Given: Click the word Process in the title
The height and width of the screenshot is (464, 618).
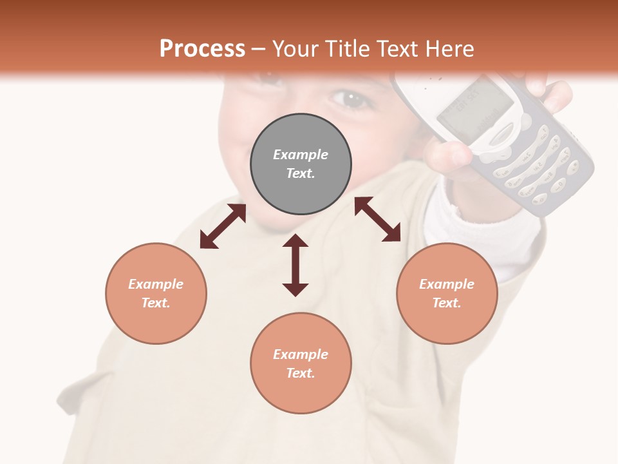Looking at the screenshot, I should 202,48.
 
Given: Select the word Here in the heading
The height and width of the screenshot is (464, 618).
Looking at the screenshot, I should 450,48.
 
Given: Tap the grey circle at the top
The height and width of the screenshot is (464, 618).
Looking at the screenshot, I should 301,164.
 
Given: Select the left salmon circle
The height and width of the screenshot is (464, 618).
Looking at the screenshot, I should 156,293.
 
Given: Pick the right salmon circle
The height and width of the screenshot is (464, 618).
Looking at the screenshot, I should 447,293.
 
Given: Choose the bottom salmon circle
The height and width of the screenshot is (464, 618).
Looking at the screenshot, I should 301,363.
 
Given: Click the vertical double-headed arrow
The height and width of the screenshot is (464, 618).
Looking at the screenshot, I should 295,265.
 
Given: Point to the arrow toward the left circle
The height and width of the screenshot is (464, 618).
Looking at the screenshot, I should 223,226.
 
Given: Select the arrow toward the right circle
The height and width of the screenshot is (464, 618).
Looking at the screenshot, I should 377,219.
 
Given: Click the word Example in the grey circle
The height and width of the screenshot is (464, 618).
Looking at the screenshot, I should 301,155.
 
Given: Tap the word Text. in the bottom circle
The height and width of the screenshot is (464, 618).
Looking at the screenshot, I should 301,373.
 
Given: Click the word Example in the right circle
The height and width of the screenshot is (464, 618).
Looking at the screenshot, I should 447,284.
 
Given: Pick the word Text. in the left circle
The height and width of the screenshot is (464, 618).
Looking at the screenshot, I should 156,303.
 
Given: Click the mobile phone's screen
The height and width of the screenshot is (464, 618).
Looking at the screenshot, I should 475,109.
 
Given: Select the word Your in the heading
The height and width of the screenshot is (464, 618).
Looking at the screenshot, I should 295,48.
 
